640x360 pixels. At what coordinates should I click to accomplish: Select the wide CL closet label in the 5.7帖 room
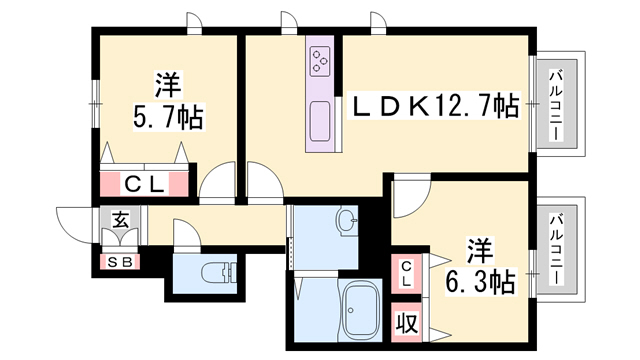pyautogui.click(x=144, y=185)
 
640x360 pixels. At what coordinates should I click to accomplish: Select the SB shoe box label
pyautogui.click(x=119, y=262)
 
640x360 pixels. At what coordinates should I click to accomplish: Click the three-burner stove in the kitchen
pyautogui.click(x=321, y=61)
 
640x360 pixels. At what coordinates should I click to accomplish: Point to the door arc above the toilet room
pyautogui.click(x=188, y=234)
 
